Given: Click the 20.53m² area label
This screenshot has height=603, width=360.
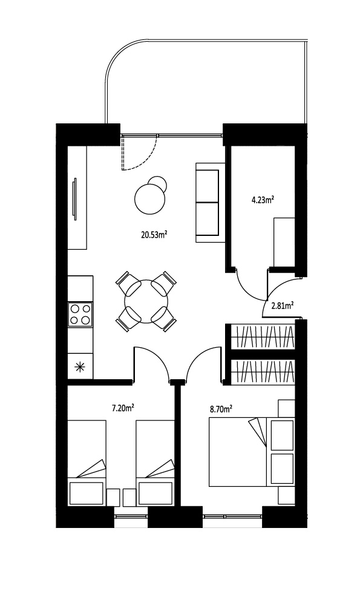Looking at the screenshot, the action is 155,235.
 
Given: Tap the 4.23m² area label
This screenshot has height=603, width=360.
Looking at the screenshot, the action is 263,200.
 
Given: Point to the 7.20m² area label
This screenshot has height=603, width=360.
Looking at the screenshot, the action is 123,408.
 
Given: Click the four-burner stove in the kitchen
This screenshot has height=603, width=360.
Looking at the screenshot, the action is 80,314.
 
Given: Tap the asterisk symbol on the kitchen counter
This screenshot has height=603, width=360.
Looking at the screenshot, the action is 80,367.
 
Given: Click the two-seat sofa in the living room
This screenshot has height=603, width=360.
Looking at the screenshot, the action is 210,203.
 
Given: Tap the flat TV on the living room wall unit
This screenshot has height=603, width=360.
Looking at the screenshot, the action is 74,199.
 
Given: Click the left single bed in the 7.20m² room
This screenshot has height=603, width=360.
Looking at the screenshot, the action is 87,463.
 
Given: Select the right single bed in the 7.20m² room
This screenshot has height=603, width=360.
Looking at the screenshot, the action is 155,463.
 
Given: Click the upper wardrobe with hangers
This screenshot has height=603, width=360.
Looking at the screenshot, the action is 263,336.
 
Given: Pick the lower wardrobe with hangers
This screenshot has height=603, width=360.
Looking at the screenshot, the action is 263,372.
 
